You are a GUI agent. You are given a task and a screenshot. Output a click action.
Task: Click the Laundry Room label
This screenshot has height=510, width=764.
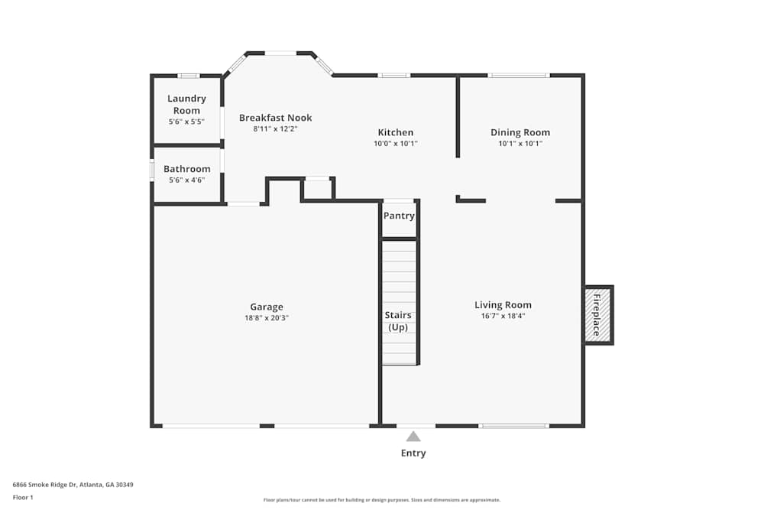pos(186,104)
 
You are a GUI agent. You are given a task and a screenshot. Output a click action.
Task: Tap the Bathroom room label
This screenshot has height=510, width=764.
pos(186,169)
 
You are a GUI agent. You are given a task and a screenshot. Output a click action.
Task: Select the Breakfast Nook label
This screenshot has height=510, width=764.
pos(275,118)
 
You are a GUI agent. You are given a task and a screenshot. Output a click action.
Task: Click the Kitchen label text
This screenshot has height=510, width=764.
pos(395,132)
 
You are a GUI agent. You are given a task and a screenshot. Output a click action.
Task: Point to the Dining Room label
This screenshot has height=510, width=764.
pos(520,132)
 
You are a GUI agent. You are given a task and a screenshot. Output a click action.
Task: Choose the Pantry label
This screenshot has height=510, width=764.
pos(399,216)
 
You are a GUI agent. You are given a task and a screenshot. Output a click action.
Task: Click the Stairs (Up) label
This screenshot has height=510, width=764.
pos(398,321)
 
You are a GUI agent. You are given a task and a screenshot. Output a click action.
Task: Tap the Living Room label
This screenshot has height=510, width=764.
pos(503,304)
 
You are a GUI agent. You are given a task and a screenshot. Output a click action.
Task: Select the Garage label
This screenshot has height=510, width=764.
pos(266,307)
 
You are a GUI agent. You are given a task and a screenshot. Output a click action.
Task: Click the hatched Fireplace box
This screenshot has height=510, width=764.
pos(598,315)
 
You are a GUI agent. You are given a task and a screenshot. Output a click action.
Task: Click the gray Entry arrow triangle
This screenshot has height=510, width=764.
pos(413,437)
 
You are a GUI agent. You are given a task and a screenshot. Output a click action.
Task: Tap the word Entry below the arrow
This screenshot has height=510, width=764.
pos(413,453)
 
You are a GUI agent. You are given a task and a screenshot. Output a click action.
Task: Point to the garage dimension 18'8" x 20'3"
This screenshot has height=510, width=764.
pos(266,318)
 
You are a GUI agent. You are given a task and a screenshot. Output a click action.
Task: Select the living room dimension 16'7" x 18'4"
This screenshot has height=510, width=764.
pos(503,316)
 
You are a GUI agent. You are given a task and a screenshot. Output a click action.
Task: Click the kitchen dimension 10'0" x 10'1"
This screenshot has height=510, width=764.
pos(395,144)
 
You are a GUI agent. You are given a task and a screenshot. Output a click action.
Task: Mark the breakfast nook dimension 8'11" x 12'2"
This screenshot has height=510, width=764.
pos(275,129)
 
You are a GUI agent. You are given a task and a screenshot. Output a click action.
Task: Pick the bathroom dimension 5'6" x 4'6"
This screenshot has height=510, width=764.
pos(186,180)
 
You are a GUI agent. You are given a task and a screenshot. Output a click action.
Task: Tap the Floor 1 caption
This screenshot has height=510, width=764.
pos(23,497)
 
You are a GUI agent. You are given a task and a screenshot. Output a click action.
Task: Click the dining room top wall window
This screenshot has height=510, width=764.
pos(519,75)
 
